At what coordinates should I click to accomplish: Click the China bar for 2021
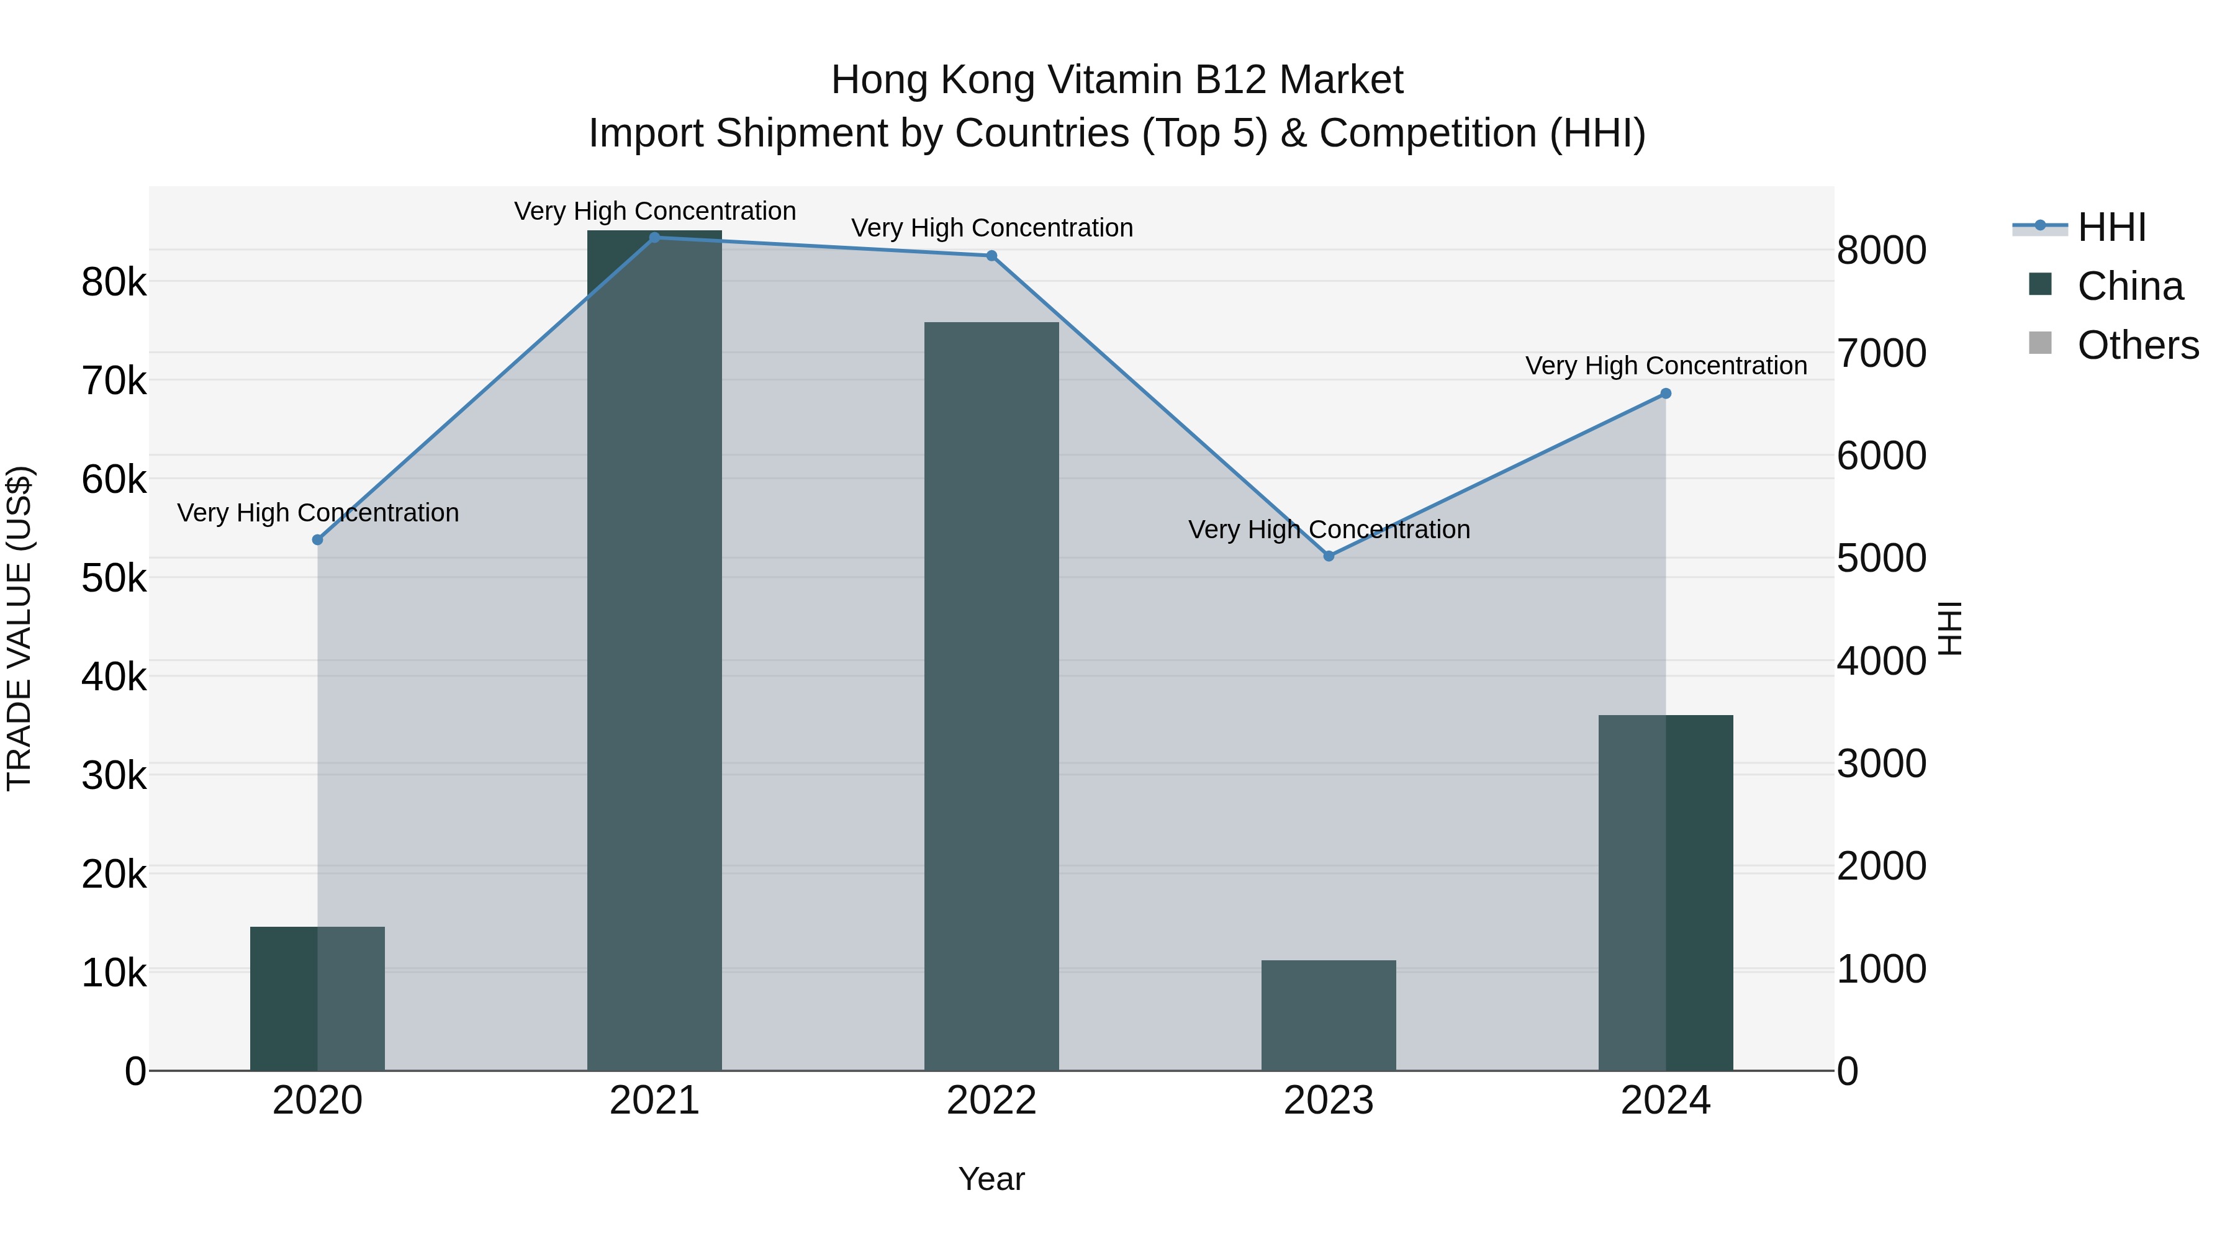[654, 651]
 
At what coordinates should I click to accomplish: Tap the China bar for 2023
[1329, 1015]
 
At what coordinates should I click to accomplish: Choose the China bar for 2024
[1665, 893]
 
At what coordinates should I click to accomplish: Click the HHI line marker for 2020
[317, 539]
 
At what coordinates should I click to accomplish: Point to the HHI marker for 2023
[1329, 556]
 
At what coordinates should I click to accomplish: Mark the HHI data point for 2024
[1665, 394]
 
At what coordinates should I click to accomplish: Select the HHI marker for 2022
[991, 256]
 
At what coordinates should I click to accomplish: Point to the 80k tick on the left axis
[114, 282]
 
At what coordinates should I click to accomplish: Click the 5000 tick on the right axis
[1881, 558]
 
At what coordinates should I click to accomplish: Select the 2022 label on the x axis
[991, 1101]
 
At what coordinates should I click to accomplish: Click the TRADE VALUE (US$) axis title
[19, 628]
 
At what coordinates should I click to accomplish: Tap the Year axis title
[991, 1179]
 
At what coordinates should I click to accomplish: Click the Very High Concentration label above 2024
[1665, 366]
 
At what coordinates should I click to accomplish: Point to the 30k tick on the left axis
[114, 775]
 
